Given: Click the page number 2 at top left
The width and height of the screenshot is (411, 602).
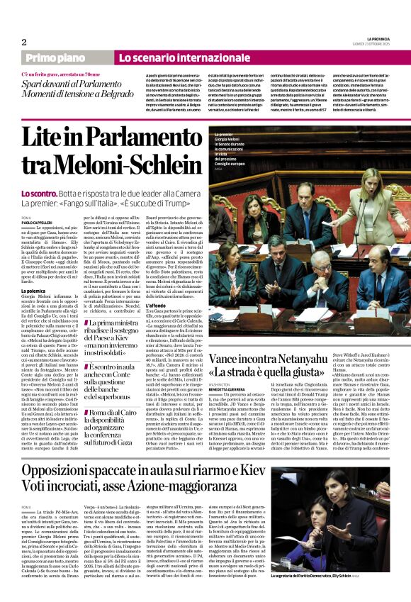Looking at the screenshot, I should pos(24,42).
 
